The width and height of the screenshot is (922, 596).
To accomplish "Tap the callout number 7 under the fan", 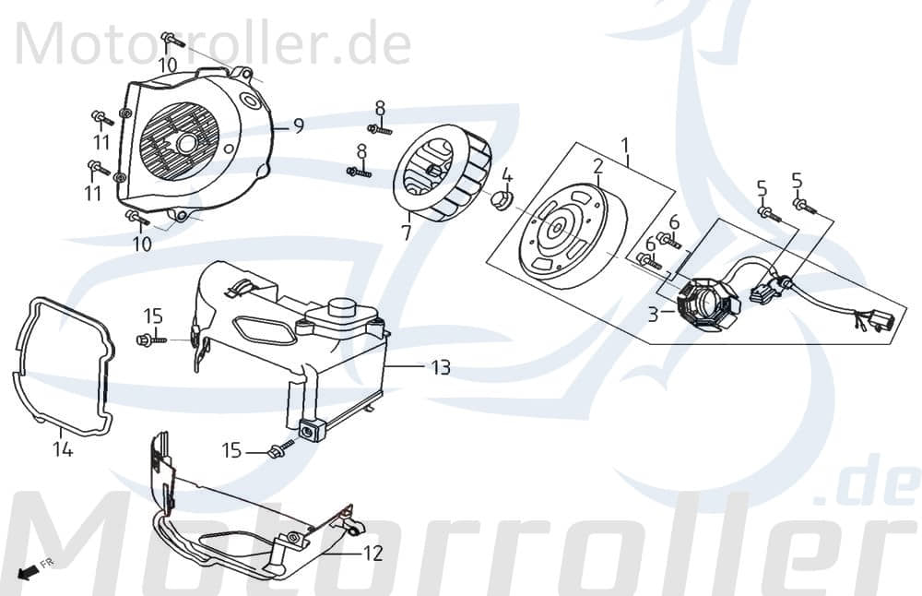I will (406, 232).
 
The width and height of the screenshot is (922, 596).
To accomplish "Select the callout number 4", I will (507, 175).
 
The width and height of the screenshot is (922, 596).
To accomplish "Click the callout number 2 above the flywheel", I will (597, 167).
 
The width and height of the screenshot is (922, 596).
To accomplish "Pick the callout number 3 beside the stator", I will (653, 315).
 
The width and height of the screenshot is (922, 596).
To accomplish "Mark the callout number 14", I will (63, 449).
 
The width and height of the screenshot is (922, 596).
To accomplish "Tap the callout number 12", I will (372, 554).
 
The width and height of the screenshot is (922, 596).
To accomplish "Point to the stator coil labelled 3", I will (705, 303).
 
